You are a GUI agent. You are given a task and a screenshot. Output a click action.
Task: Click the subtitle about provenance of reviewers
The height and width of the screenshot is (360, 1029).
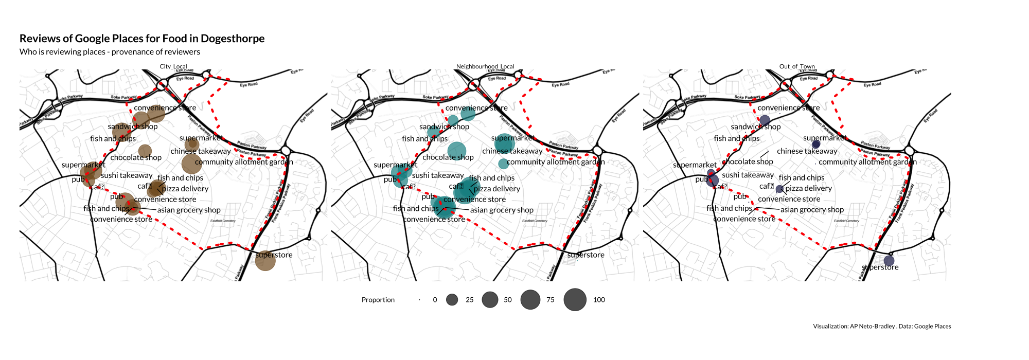[x=110, y=52]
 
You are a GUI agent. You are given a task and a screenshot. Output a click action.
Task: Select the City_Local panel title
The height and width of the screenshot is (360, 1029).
[x=173, y=66]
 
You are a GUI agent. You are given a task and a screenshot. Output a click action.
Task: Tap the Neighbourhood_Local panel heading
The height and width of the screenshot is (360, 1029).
[x=485, y=66]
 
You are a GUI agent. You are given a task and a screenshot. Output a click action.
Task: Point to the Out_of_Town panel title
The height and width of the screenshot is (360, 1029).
[x=797, y=66]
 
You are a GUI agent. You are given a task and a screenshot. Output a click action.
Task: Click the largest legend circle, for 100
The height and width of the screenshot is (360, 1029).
[x=575, y=300]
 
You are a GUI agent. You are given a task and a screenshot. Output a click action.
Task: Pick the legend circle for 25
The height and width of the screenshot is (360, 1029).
[x=452, y=300]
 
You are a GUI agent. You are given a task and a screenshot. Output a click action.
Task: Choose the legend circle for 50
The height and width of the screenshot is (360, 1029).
[x=490, y=300]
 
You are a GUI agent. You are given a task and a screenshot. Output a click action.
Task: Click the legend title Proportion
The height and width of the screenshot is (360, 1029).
[x=378, y=300]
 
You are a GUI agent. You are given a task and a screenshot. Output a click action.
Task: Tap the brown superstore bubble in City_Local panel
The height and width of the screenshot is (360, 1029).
[x=265, y=261]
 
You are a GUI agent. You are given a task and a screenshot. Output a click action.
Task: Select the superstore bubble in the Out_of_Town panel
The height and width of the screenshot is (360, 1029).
[x=889, y=261]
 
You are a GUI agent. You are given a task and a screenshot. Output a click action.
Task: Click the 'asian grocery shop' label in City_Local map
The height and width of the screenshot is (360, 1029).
[x=189, y=210]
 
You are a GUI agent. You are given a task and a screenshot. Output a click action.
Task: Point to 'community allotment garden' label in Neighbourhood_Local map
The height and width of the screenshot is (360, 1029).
[x=556, y=162]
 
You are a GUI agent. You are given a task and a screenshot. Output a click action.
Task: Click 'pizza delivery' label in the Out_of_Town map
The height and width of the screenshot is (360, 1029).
[x=808, y=189]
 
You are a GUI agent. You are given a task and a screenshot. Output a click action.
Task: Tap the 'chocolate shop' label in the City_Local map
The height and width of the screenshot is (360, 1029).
[x=136, y=158]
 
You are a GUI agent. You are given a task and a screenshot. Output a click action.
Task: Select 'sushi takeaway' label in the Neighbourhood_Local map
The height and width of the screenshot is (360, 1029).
[x=438, y=175]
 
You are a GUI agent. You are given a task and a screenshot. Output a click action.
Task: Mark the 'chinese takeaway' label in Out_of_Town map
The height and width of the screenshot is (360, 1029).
[x=807, y=151]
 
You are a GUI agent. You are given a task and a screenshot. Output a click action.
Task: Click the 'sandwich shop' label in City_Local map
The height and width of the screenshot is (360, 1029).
[x=133, y=127]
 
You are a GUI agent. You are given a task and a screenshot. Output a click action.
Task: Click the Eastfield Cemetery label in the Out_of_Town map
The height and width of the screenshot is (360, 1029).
[x=846, y=221]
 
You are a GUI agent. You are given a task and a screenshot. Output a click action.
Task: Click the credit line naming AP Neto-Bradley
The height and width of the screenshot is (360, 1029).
[x=882, y=327]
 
